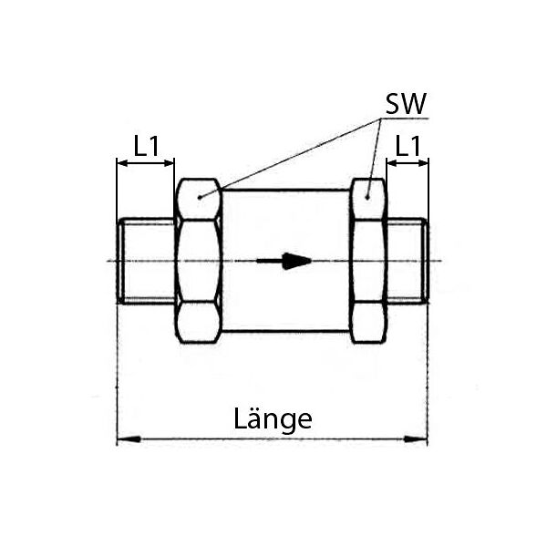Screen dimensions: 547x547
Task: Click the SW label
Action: [406, 104]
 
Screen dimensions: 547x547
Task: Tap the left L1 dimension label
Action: [147, 146]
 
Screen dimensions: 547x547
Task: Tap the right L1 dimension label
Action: [408, 146]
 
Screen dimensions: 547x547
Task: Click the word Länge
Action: [273, 418]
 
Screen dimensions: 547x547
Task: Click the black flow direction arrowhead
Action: [296, 261]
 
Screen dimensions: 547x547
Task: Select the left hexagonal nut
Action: [199, 261]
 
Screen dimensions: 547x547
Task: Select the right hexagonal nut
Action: [368, 261]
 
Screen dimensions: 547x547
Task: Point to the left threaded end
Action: [146, 261]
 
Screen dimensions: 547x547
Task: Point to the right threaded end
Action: [408, 261]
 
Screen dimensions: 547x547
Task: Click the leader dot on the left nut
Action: [200, 198]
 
